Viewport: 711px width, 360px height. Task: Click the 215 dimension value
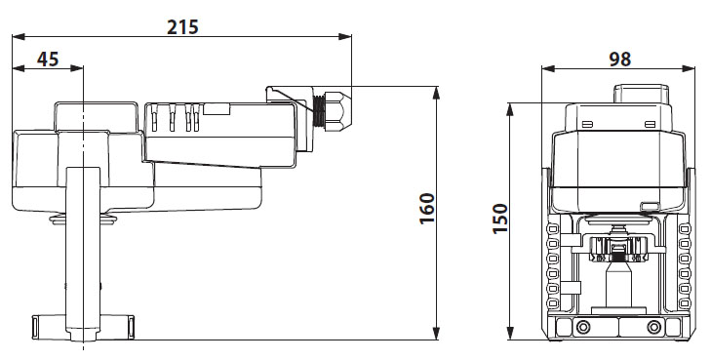tap(182, 26)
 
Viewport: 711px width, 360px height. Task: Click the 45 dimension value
tap(48, 59)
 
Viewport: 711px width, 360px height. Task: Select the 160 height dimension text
tap(427, 208)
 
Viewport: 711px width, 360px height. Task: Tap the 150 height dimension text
tap(500, 219)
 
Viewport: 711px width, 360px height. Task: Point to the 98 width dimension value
tap(620, 59)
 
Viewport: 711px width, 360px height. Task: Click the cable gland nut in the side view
tap(339, 109)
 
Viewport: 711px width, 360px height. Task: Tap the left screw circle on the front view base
tap(582, 327)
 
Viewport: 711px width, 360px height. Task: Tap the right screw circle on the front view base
tap(653, 327)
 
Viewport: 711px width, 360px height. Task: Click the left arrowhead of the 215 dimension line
tap(19, 37)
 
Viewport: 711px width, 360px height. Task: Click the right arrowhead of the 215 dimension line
tap(345, 37)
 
